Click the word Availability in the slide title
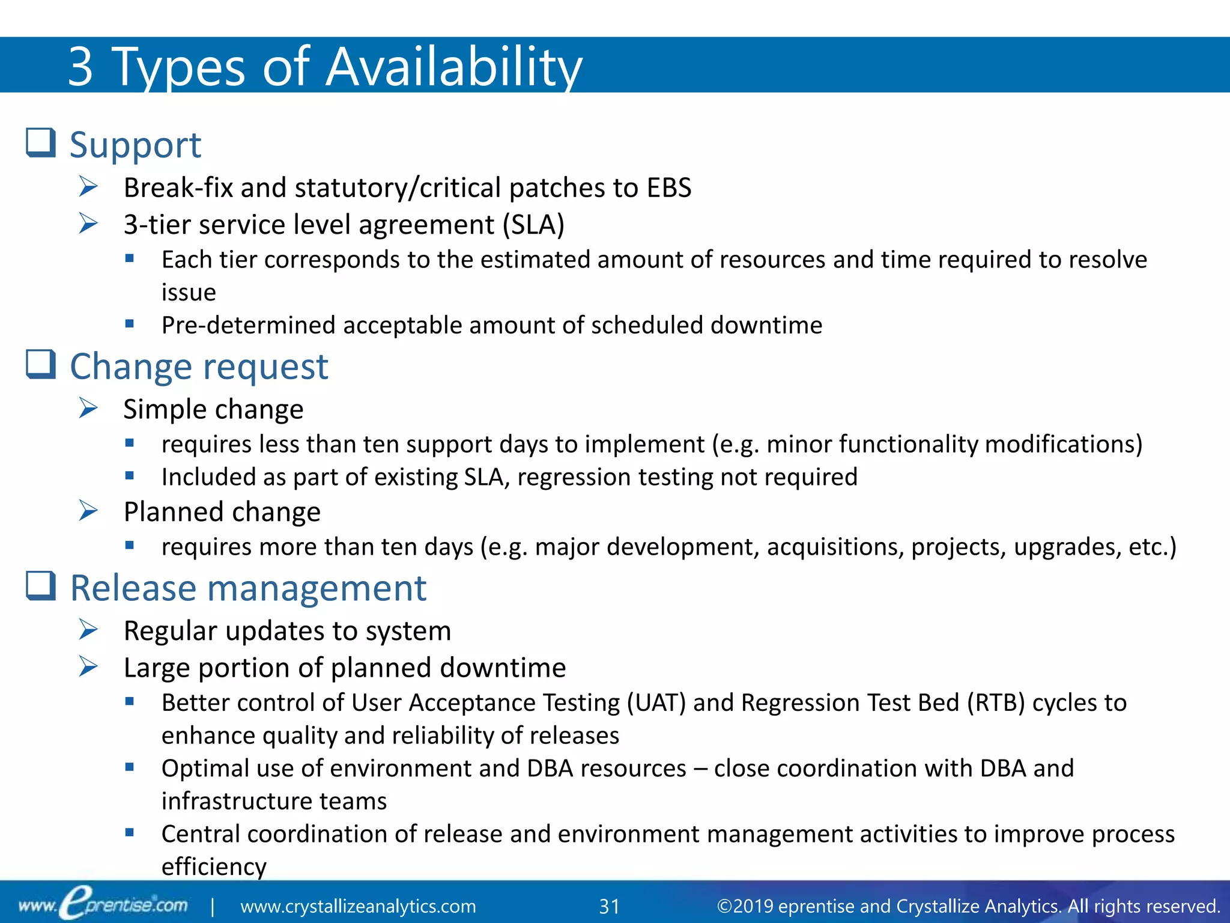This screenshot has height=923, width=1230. (453, 67)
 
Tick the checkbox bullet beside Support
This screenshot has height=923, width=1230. (41, 143)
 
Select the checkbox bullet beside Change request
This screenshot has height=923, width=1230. (41, 365)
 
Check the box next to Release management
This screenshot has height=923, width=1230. (41, 586)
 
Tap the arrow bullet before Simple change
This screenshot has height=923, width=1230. (88, 409)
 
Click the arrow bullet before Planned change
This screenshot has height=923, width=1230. (88, 511)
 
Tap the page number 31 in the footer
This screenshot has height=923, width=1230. (609, 906)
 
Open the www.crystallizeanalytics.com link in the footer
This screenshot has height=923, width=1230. (358, 906)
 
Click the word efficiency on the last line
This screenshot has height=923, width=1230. (214, 867)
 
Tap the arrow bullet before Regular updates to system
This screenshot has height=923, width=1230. (88, 630)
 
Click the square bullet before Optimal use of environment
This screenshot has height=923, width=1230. (129, 767)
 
